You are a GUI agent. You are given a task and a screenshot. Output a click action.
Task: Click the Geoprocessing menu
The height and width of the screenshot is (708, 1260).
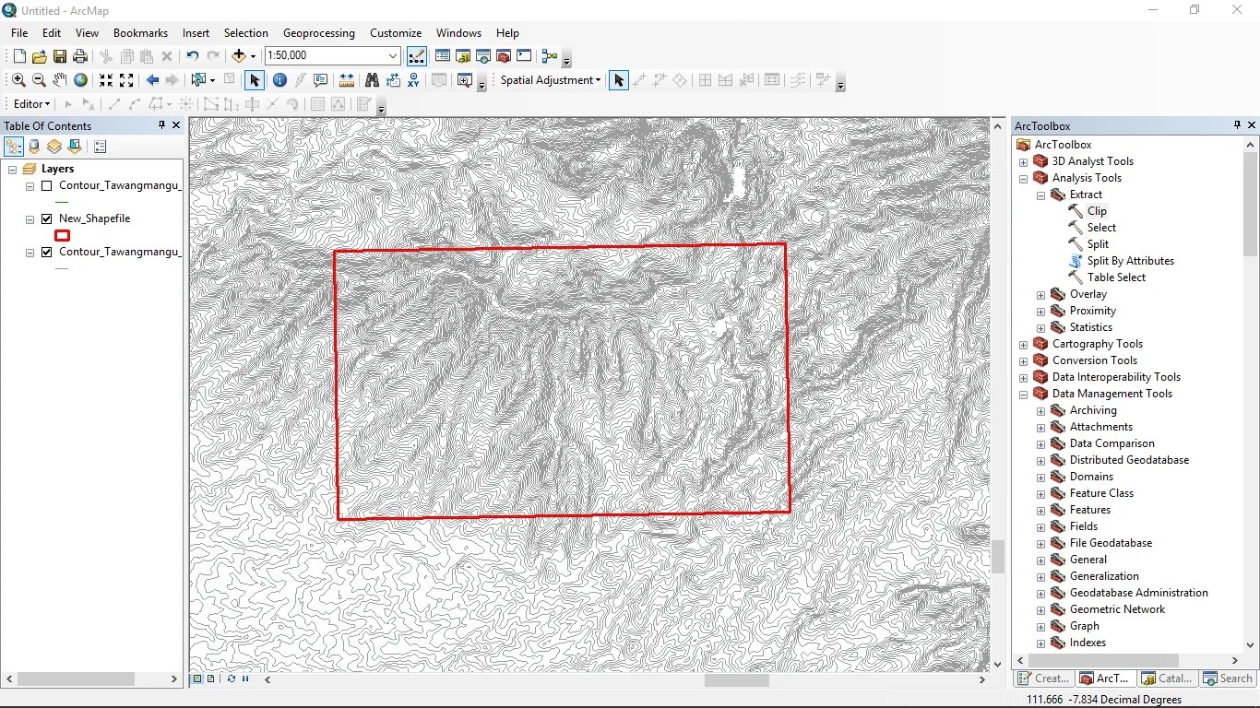tap(318, 32)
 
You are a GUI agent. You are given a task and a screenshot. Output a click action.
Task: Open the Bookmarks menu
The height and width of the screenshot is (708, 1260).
tap(140, 32)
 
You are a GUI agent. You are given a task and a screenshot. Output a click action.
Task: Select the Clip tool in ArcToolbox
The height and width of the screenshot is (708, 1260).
tap(1096, 211)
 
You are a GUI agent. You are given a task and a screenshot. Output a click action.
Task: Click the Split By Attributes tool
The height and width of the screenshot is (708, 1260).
tap(1130, 261)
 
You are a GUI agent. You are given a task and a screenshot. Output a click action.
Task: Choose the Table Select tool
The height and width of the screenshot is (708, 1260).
tap(1116, 277)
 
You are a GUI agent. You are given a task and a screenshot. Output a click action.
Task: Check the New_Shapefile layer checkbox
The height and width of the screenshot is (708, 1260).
tap(47, 219)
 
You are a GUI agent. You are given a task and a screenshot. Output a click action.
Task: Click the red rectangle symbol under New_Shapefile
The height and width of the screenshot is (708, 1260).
tap(63, 236)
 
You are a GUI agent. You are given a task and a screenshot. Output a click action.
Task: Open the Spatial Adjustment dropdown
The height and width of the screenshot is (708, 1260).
tap(551, 80)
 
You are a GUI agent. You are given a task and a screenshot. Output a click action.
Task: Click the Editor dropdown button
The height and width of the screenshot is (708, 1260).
tap(32, 104)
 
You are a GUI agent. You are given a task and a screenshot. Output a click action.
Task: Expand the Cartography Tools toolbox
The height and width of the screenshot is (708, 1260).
tap(1023, 345)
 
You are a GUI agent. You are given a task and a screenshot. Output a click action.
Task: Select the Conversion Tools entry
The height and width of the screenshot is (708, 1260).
tap(1094, 360)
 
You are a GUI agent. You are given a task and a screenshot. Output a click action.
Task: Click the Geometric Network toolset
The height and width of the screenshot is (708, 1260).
tap(1117, 609)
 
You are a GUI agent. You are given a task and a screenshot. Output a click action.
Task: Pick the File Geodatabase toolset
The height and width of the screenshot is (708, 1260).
tap(1111, 543)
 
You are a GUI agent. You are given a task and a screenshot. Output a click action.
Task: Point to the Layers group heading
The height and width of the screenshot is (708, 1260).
tap(57, 169)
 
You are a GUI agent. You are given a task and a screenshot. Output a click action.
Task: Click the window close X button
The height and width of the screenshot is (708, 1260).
tap(1237, 10)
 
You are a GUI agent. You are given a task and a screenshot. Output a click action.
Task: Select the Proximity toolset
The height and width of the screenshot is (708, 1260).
tap(1092, 311)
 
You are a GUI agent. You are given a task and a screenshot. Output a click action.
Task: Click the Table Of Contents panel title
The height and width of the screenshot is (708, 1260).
tap(48, 126)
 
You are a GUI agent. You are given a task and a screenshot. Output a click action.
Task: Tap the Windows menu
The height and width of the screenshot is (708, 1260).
tap(458, 32)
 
